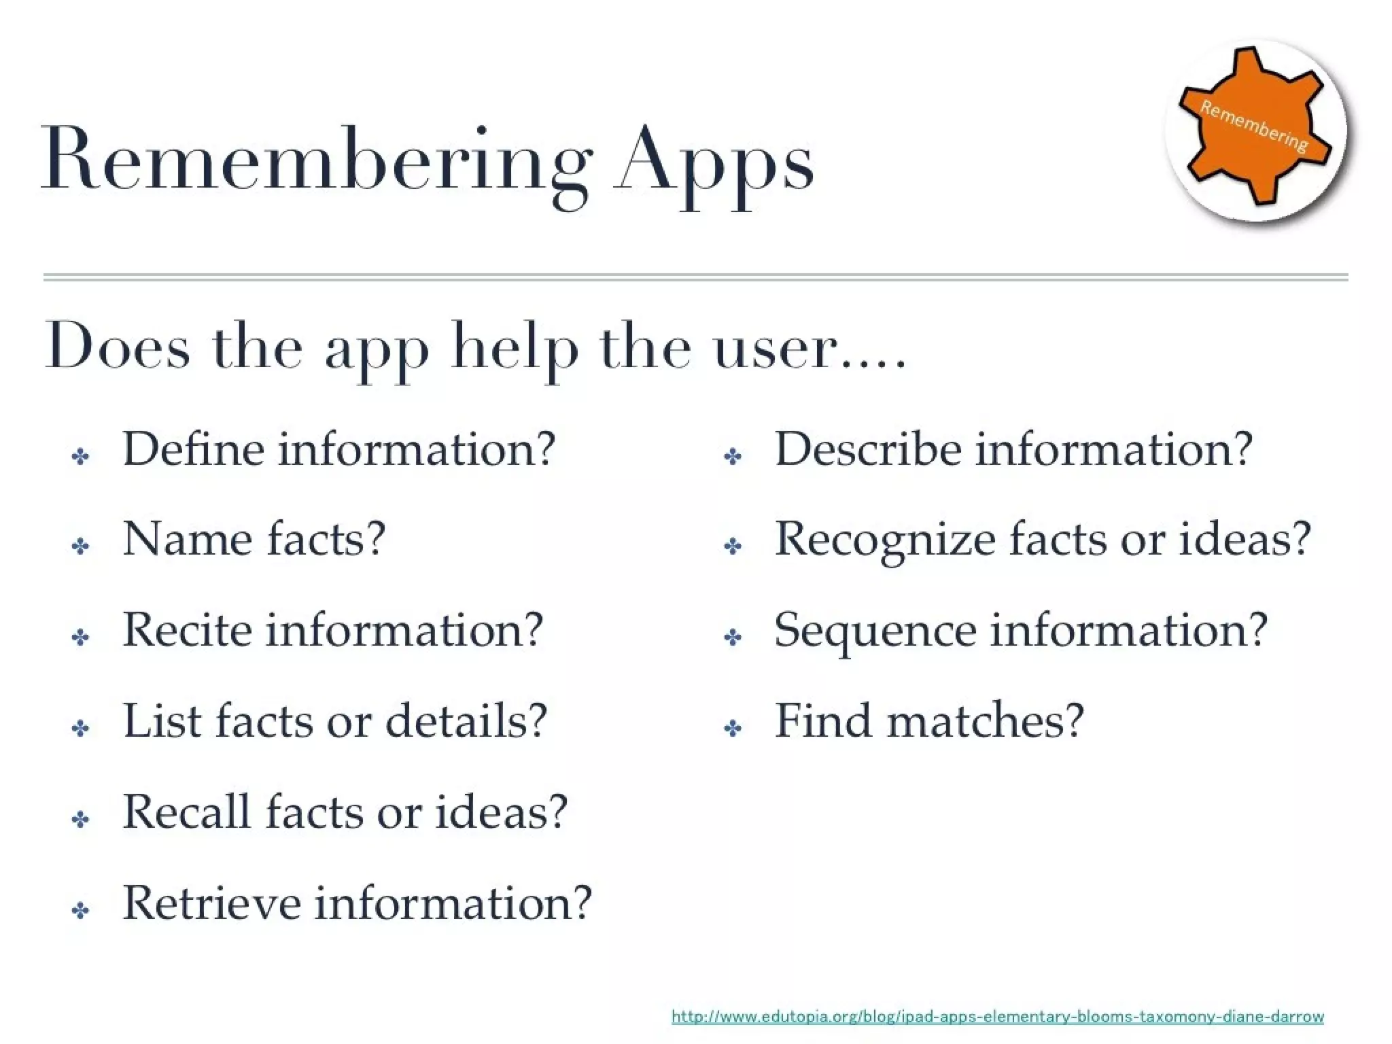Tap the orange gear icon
click(1255, 126)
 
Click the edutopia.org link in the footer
click(997, 1017)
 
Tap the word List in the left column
click(162, 721)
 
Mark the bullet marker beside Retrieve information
click(80, 911)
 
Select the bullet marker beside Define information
click(80, 457)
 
